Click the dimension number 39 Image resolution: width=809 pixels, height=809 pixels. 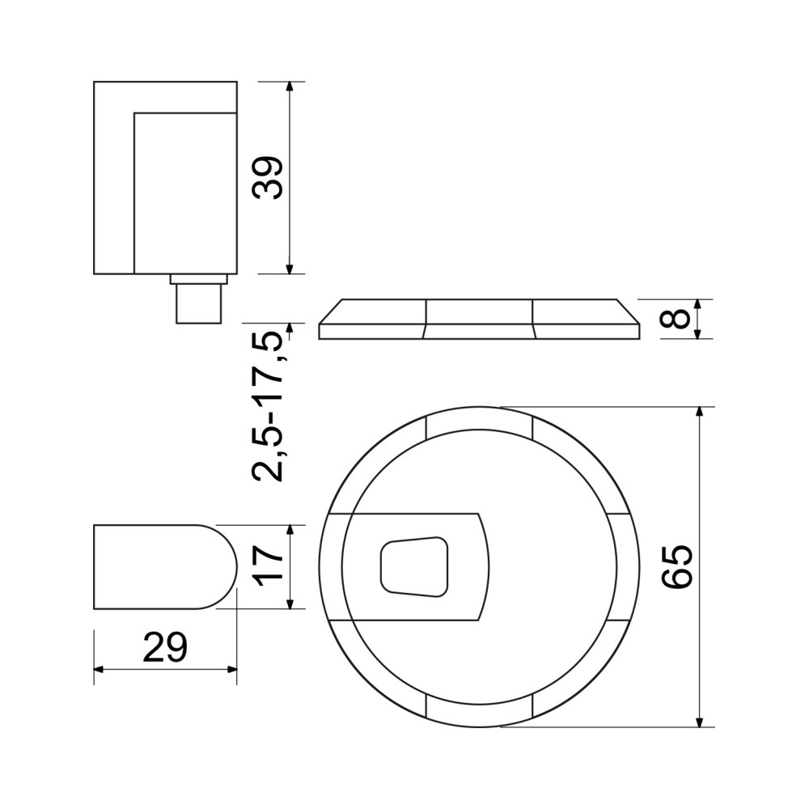pyautogui.click(x=267, y=177)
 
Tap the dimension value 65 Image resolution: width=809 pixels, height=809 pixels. pyautogui.click(x=677, y=566)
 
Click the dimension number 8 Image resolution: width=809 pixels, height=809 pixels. pyautogui.click(x=676, y=318)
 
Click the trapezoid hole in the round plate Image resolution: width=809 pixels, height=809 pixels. pyautogui.click(x=414, y=567)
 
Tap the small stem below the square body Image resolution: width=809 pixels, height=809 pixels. pyautogui.click(x=199, y=303)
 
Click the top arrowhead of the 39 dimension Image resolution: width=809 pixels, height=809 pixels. pyautogui.click(x=290, y=87)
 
